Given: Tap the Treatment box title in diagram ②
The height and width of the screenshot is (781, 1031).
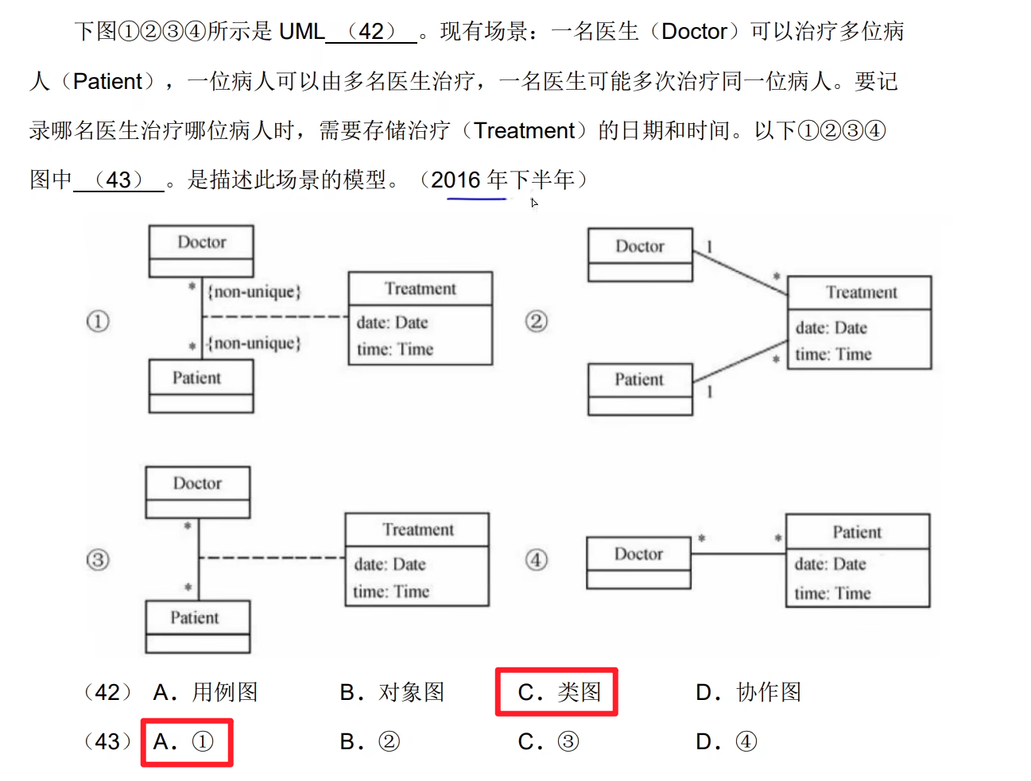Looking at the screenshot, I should [x=861, y=292].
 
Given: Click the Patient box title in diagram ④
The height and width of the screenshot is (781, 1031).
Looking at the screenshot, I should [x=857, y=532].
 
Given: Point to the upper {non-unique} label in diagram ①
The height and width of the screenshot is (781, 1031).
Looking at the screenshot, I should [x=254, y=292].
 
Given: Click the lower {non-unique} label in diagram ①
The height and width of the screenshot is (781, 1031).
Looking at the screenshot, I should [x=254, y=343].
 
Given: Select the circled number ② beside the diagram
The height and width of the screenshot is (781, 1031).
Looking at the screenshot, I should [x=537, y=321].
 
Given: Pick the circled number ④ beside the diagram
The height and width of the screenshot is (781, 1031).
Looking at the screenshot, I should [x=537, y=560].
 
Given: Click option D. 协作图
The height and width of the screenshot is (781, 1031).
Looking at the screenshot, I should [x=748, y=692].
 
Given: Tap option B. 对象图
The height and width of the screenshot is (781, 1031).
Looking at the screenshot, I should [x=392, y=692].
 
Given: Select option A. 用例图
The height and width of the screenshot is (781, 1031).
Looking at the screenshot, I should [x=205, y=692].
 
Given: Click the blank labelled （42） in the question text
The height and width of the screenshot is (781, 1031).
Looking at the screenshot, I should [x=371, y=32].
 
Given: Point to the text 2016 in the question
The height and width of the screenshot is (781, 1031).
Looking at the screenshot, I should [x=456, y=180].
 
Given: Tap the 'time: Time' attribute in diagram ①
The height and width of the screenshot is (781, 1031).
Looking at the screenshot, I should [x=395, y=350].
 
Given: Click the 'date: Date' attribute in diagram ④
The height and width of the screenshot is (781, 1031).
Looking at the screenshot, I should [x=830, y=564].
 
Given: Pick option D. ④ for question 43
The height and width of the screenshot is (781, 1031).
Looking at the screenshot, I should [x=726, y=742].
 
